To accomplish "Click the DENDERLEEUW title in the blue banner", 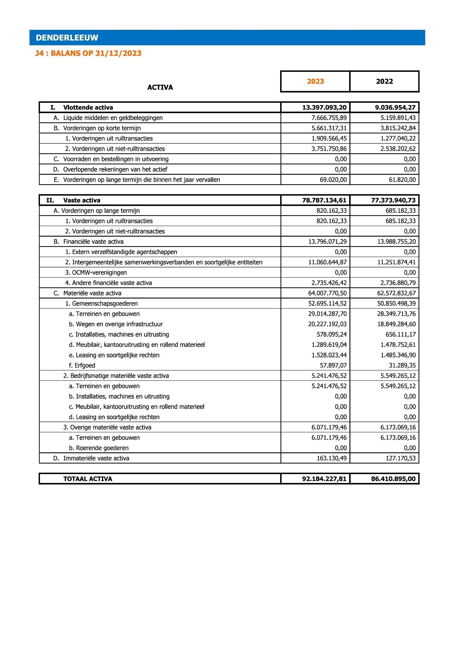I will click(x=67, y=37).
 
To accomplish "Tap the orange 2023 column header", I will click(x=315, y=81).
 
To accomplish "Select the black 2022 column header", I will click(x=385, y=81).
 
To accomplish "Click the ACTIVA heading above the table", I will click(x=160, y=87).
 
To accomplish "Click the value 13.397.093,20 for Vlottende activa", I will click(x=324, y=108).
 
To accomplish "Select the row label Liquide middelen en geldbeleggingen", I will click(x=113, y=118).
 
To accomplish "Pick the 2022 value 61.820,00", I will click(x=402, y=180).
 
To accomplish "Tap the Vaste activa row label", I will click(x=82, y=200).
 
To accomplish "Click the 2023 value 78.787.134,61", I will click(x=324, y=200).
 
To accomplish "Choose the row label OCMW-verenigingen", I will click(x=99, y=273).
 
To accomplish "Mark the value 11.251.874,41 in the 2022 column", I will click(x=396, y=262).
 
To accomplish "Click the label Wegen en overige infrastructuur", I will click(x=119, y=324).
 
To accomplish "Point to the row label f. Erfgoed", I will click(x=82, y=366).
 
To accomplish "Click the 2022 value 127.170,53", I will click(x=401, y=458).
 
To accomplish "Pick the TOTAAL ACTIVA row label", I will click(x=88, y=479).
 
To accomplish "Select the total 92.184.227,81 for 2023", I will click(x=324, y=479).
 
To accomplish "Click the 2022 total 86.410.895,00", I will click(x=393, y=479).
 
